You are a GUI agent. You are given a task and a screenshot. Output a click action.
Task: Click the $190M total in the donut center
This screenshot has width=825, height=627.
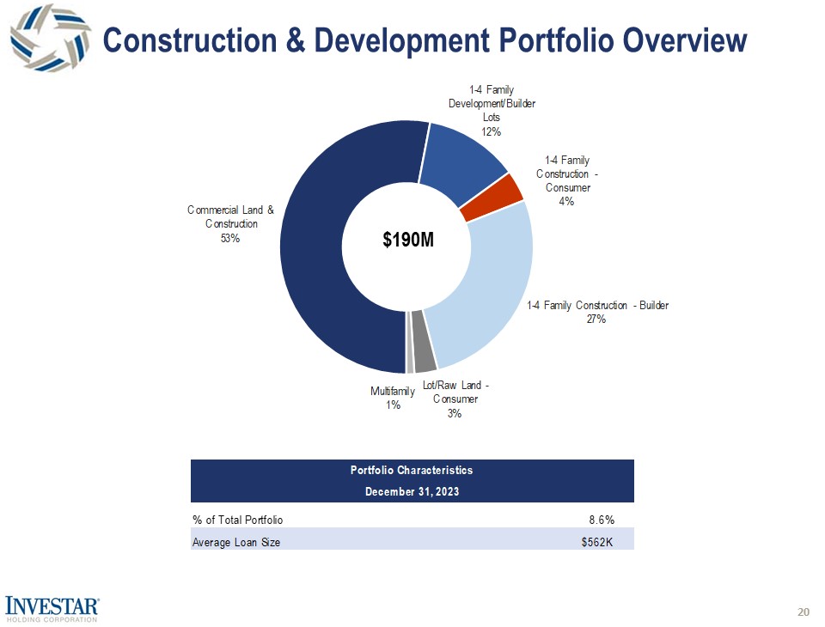tap(407, 240)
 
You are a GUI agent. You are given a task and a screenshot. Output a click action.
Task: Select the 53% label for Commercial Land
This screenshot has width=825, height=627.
tap(230, 239)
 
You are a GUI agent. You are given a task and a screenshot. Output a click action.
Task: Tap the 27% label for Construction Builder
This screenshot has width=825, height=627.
tap(596, 320)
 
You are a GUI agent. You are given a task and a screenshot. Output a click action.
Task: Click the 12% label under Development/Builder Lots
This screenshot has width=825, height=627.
tap(491, 131)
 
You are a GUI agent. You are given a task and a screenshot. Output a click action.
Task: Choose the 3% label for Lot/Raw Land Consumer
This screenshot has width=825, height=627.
tap(455, 413)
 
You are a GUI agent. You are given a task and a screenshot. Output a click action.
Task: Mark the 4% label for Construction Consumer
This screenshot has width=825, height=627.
tap(567, 202)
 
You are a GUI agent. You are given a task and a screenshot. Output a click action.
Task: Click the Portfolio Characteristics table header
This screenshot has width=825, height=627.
tap(412, 471)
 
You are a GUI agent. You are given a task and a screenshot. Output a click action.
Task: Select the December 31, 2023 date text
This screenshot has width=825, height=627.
tap(412, 492)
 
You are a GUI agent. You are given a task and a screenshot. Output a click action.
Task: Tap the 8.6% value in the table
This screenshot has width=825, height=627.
tap(601, 520)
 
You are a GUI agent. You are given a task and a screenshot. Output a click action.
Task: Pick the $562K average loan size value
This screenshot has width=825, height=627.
tap(597, 542)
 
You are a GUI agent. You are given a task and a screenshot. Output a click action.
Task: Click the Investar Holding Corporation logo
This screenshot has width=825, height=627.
tap(53, 607)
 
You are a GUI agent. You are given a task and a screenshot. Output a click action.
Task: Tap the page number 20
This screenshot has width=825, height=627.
tap(804, 612)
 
